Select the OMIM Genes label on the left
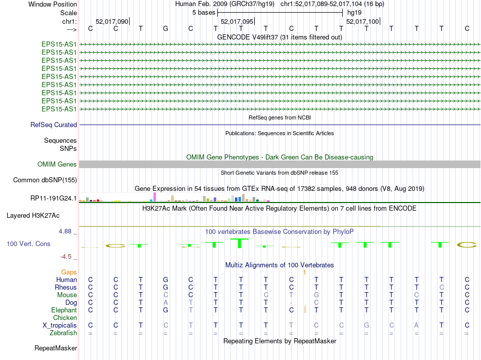pyautogui.click(x=57, y=164)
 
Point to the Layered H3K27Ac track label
pyautogui.click(x=33, y=215)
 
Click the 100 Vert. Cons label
pyautogui.click(x=28, y=244)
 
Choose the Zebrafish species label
pyautogui.click(x=63, y=333)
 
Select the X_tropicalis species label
pyautogui.click(x=60, y=325)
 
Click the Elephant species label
pyautogui.click(x=64, y=310)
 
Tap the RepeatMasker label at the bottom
pyautogui.click(x=56, y=348)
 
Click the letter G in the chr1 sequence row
pyautogui.click(x=166, y=28)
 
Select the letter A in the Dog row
pyautogui.click(x=166, y=302)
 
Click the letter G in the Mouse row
pyautogui.click(x=316, y=295)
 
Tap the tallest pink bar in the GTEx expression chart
pyautogui.click(x=154, y=197)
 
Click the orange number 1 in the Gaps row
pyautogui.click(x=304, y=272)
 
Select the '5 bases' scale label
pyautogui.click(x=204, y=12)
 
